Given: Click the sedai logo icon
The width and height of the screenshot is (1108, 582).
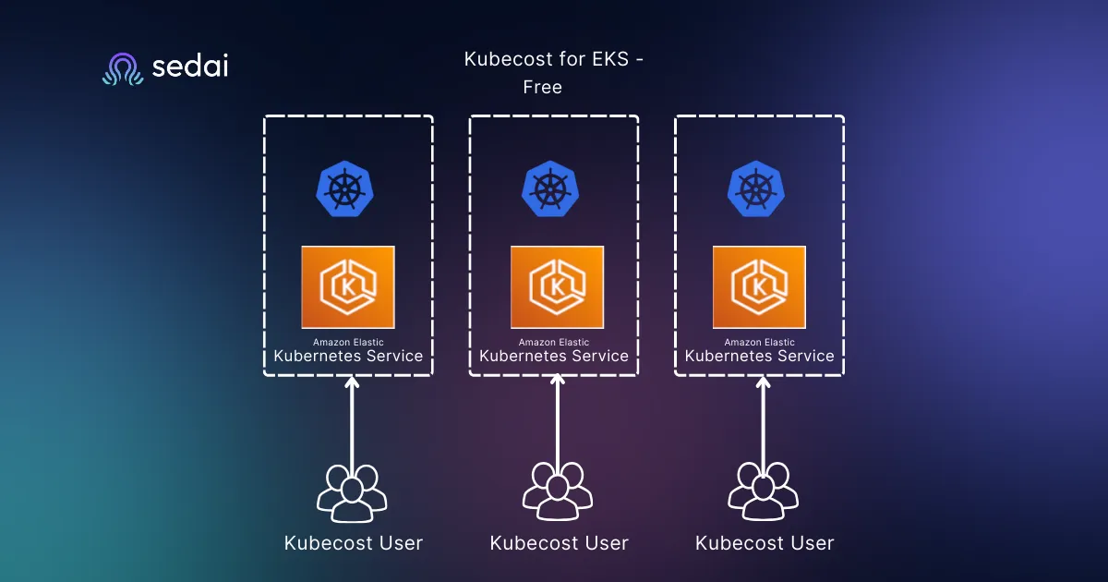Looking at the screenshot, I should (x=123, y=69).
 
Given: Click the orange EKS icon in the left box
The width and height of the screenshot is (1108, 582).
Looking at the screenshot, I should (x=348, y=287).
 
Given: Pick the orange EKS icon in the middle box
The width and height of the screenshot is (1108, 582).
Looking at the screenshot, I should (x=557, y=287).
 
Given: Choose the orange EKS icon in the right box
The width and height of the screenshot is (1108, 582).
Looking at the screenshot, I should (x=759, y=287).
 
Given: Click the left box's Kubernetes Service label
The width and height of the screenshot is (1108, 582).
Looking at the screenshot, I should (x=348, y=356).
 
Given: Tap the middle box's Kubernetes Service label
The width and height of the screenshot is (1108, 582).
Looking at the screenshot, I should (x=554, y=356).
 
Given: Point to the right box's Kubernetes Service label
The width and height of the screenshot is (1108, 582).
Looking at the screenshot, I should (x=759, y=356).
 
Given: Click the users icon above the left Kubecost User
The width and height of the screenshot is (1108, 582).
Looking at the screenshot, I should (x=352, y=492).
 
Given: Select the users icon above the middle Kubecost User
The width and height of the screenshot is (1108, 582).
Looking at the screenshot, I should (x=558, y=492).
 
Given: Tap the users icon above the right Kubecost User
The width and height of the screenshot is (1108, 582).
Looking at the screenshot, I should (x=763, y=492).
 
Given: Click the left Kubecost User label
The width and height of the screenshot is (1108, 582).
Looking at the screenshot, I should (x=354, y=543).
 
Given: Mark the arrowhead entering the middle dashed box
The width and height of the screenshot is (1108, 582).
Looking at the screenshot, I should (x=557, y=382).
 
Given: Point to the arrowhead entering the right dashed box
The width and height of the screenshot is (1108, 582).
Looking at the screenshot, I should (x=763, y=382).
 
